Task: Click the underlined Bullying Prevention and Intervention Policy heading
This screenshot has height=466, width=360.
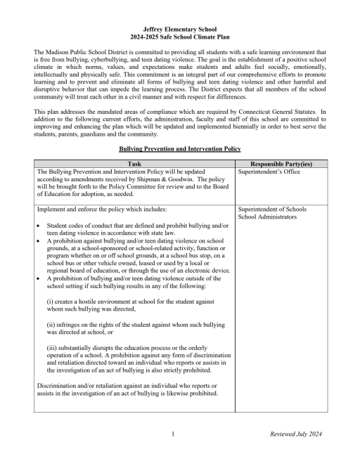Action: pos(180,150)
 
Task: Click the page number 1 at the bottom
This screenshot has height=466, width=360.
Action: pos(173,434)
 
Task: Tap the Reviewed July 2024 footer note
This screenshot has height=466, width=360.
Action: pos(295,434)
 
